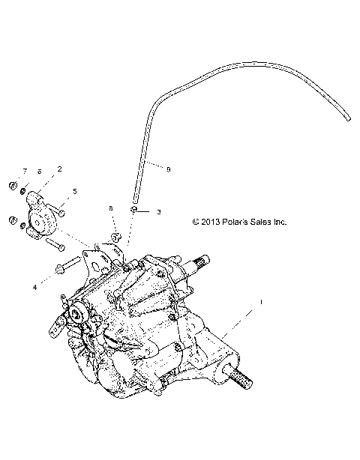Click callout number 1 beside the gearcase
coord(260,301)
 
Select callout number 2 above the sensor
coord(59,170)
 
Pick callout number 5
coord(73,192)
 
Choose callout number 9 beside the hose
coord(168,170)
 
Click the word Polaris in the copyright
coord(236,222)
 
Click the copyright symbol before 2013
coord(196,222)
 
